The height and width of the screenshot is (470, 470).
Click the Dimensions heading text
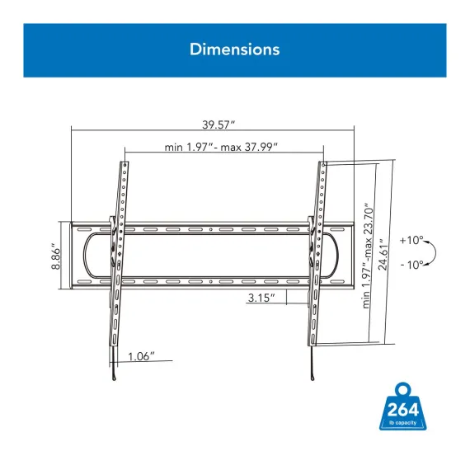tap(235, 49)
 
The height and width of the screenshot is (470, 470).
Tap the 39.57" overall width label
tap(219, 125)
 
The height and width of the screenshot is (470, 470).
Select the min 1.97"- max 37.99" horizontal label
tap(221, 147)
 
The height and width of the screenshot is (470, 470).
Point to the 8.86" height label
tap(56, 256)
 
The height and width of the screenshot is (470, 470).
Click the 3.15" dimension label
tap(261, 298)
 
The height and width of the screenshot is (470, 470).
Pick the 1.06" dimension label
tap(141, 356)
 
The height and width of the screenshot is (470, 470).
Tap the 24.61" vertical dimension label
tap(383, 255)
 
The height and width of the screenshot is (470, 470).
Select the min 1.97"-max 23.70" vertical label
tap(368, 256)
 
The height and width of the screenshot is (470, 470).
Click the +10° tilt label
tap(411, 240)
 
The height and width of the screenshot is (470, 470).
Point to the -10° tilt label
tap(412, 265)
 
